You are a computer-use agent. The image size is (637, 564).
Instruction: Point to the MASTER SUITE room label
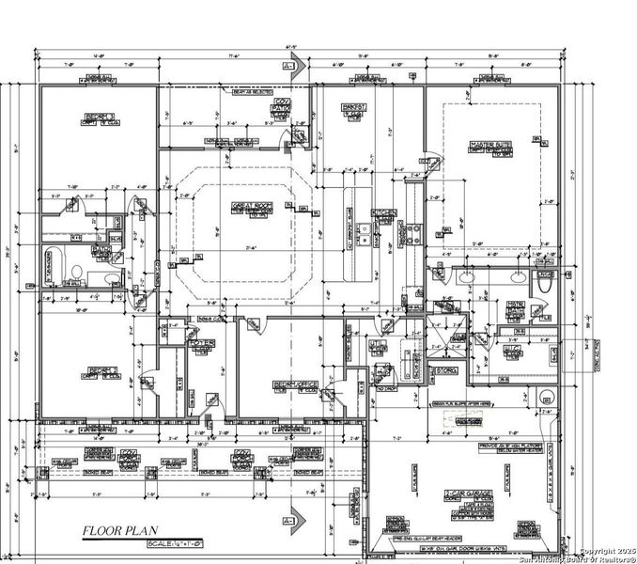[x=490, y=145]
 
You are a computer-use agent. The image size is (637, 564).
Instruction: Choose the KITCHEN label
[x=383, y=213]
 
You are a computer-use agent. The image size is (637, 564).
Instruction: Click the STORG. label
[x=446, y=370]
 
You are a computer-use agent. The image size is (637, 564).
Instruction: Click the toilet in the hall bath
[x=77, y=273]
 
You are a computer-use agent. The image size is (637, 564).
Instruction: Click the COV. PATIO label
[x=279, y=112]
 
